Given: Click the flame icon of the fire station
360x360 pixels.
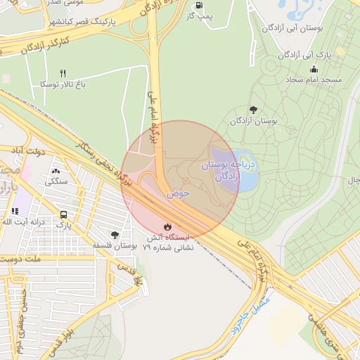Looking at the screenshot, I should pyautogui.click(x=167, y=226).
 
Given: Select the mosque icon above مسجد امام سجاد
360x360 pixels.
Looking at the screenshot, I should pyautogui.click(x=314, y=69).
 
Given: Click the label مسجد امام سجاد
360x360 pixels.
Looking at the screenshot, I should pyautogui.click(x=313, y=80).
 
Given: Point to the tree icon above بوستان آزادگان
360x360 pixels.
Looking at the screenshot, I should pyautogui.click(x=253, y=110).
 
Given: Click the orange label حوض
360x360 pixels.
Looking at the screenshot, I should pyautogui.click(x=179, y=193).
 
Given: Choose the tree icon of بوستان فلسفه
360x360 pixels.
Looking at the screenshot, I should pyautogui.click(x=115, y=234).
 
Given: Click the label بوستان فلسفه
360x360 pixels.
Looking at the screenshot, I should pyautogui.click(x=115, y=246).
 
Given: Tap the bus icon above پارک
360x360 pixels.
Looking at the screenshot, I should pyautogui.click(x=64, y=214).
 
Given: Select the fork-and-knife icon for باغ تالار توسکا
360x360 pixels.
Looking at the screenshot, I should pyautogui.click(x=63, y=73).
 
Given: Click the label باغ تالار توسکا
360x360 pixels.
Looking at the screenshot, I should pyautogui.click(x=63, y=84).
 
